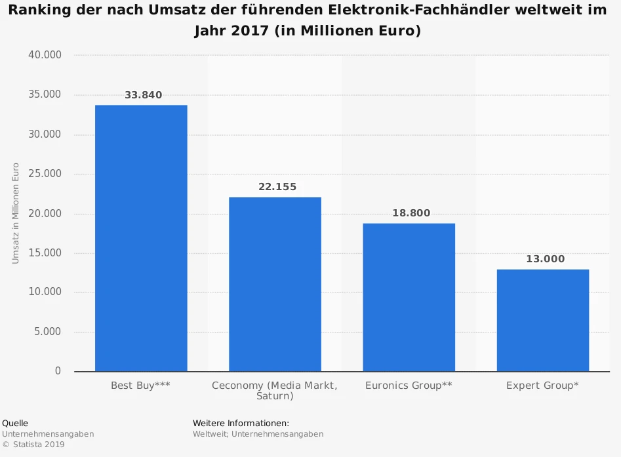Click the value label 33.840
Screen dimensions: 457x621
(143, 95)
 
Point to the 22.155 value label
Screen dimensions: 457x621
(277, 187)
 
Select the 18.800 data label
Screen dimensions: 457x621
(411, 213)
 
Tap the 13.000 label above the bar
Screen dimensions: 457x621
(545, 259)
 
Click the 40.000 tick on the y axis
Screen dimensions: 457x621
(45, 55)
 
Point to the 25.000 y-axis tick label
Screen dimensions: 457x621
(45, 174)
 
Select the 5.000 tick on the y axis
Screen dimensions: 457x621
(47, 332)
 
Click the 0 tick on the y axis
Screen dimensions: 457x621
(58, 371)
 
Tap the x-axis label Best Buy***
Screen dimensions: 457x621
(140, 386)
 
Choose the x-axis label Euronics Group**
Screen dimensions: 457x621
(409, 386)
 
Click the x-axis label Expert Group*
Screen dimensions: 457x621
(542, 386)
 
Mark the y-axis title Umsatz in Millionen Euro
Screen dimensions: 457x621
(16, 214)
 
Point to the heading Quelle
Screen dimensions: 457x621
(15, 423)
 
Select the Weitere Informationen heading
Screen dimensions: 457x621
(241, 423)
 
